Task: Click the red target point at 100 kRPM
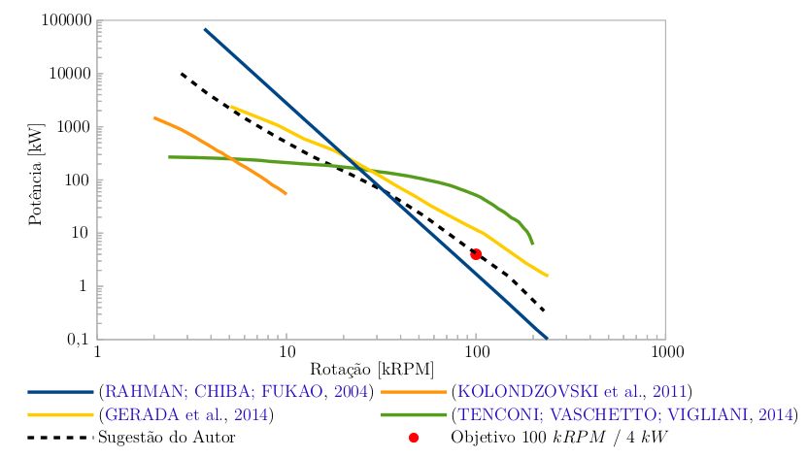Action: click(476, 254)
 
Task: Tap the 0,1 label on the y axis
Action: click(77, 339)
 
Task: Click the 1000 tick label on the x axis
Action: click(664, 351)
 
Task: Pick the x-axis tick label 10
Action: click(286, 351)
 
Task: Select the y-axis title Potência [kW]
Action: click(36, 180)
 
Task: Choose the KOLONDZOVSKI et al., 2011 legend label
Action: click(572, 392)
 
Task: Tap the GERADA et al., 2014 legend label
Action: click(185, 414)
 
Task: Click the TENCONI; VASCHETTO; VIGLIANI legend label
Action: click(622, 414)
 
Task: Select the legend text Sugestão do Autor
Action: click(167, 437)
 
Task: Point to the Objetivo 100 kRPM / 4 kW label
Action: click(560, 437)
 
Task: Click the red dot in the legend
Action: click(413, 438)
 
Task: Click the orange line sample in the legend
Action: click(414, 393)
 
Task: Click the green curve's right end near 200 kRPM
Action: click(532, 243)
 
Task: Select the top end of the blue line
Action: click(205, 29)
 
